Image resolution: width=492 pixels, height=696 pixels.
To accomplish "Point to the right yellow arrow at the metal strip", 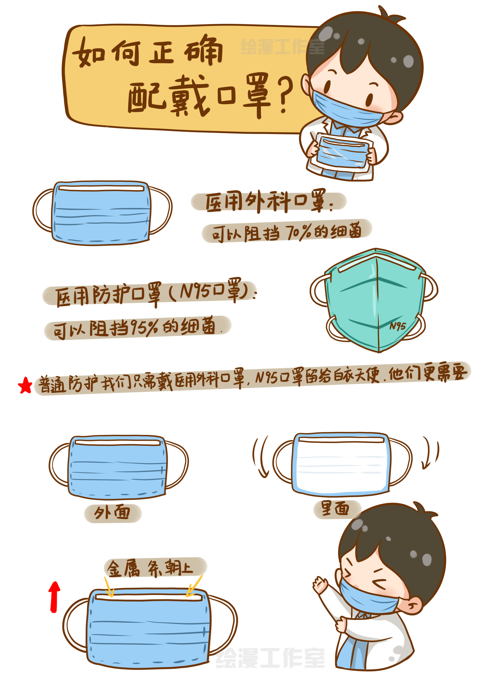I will tap(194, 586).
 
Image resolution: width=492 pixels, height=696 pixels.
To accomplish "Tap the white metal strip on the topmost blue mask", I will tap(101, 189).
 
